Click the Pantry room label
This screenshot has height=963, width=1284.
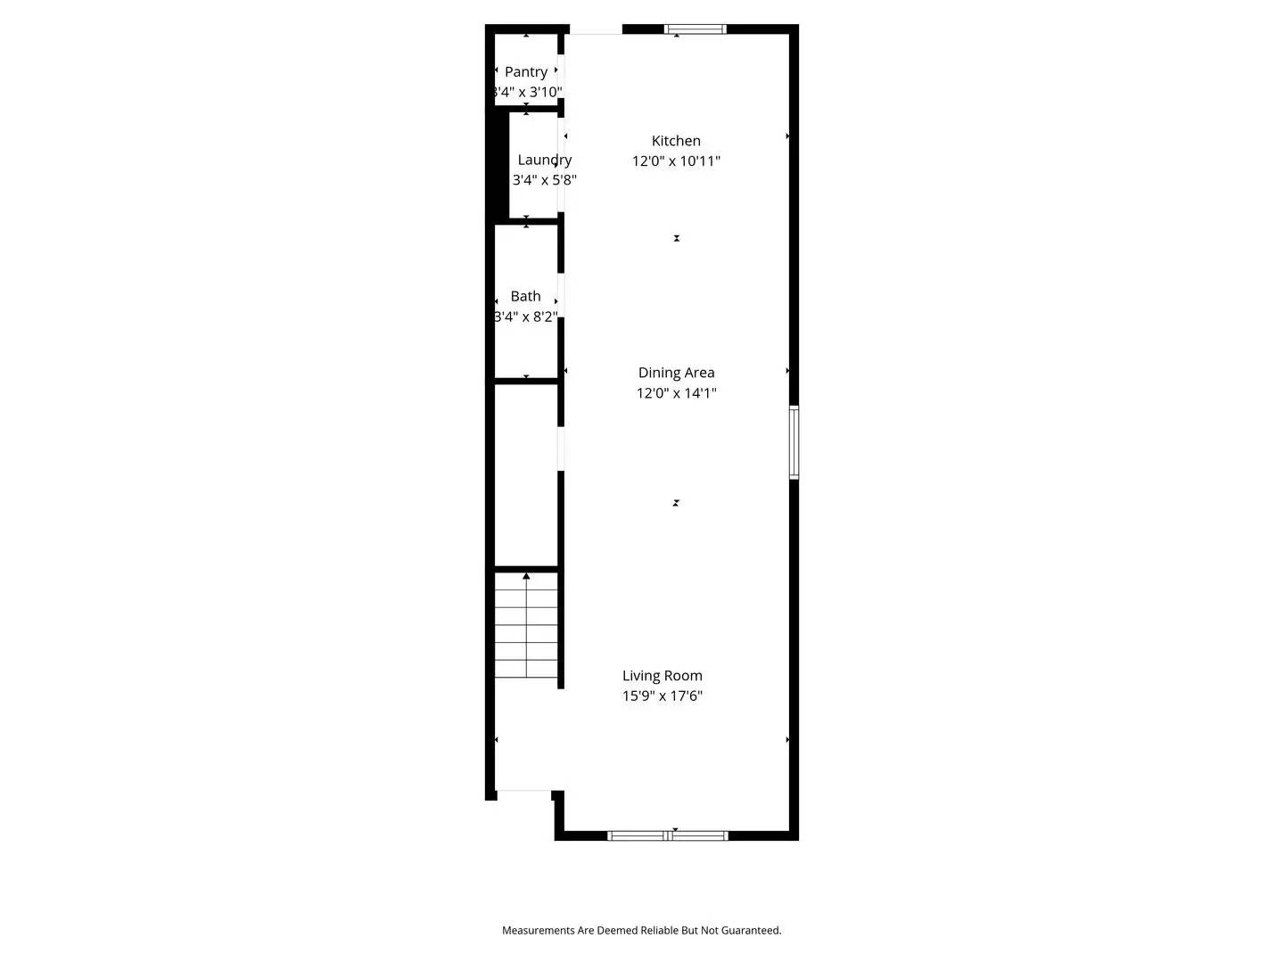point(526,72)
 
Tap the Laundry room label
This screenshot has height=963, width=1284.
point(544,160)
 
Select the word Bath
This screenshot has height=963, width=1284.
point(526,296)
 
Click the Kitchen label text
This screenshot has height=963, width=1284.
point(676,141)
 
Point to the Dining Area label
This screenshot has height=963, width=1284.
point(676,373)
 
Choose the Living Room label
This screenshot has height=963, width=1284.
point(662,676)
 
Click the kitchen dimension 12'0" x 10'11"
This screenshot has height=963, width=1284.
point(676,161)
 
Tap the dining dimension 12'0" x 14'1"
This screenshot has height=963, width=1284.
point(676,393)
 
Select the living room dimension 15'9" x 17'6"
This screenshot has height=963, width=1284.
point(662,696)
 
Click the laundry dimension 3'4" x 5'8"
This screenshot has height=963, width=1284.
point(544,180)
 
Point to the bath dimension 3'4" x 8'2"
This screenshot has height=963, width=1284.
point(526,317)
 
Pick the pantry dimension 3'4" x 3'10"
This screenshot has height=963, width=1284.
point(527,92)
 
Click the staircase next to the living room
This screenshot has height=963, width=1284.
point(526,629)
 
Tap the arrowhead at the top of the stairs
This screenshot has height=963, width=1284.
point(526,577)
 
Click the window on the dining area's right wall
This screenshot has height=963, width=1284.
point(794,442)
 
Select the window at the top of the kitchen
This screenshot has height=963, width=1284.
point(695,29)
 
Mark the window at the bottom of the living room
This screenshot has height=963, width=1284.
point(667,835)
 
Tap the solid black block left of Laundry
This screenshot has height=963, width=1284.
point(497,165)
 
